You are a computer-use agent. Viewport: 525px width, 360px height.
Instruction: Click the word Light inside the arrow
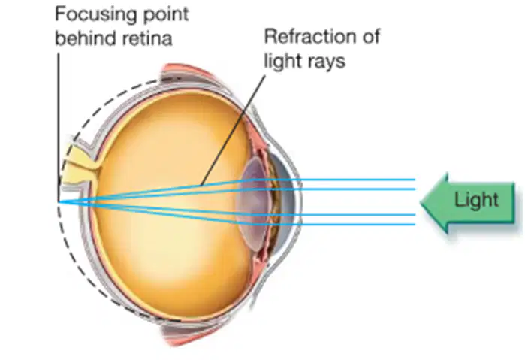(x=476, y=200)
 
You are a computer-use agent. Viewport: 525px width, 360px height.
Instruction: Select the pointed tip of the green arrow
(x=421, y=202)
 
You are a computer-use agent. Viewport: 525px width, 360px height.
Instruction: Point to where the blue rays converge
(x=59, y=202)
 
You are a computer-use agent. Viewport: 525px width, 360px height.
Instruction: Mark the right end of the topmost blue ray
(x=415, y=180)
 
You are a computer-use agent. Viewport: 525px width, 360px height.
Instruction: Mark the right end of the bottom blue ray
(x=415, y=225)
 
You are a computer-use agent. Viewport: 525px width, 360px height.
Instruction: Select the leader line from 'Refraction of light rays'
(x=233, y=130)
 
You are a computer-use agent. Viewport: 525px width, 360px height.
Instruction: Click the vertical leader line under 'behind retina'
(x=59, y=126)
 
